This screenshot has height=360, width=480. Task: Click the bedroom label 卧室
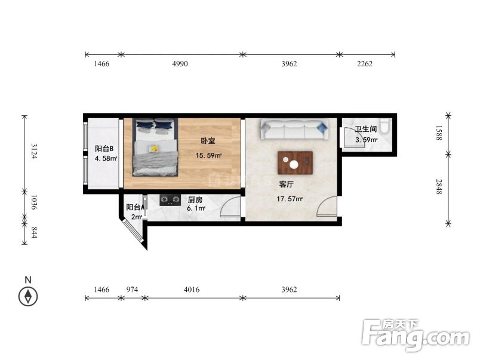[x=208, y=141]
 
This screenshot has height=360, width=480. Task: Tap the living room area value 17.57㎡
[x=290, y=199]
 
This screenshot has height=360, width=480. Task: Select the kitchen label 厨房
[x=195, y=200]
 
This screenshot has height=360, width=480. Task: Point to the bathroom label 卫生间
[x=366, y=129]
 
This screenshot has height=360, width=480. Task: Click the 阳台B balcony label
[x=104, y=149]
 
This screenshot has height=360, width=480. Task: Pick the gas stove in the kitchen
[x=170, y=199]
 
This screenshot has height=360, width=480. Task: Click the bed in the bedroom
[x=155, y=147]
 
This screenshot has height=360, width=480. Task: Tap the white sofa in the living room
[x=294, y=130]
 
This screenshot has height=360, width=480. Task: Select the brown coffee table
[x=295, y=163]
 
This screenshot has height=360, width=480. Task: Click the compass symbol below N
[x=28, y=297]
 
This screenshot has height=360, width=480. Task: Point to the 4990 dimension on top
[x=180, y=64]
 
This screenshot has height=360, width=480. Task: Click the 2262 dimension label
[x=365, y=64]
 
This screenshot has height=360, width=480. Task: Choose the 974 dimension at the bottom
[x=133, y=290]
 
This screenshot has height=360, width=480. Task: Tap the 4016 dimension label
[x=192, y=290]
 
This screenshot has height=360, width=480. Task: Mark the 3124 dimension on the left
[x=33, y=151]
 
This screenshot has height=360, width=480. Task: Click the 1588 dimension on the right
[x=439, y=133]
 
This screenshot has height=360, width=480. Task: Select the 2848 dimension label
[x=439, y=187]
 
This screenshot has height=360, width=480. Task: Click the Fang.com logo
[x=416, y=335]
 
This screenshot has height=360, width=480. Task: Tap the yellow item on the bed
[x=153, y=149]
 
